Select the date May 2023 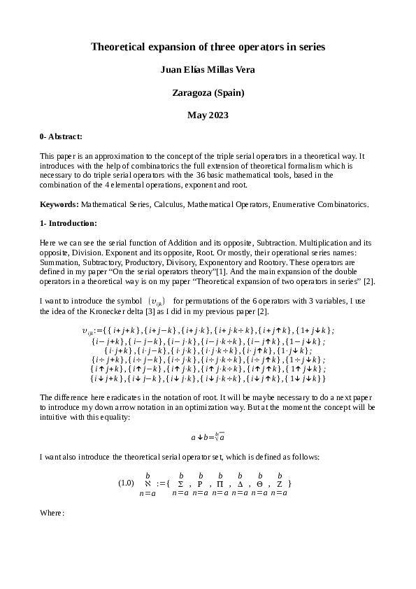coord(208,114)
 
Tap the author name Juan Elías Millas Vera coord(208,69)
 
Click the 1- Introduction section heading coord(69,223)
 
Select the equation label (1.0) coord(126,483)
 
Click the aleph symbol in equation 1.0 coord(148,483)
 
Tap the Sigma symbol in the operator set coord(181,483)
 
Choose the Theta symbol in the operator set coord(259,483)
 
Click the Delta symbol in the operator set coord(240,483)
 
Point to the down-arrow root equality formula coord(208,437)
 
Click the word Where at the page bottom coord(52,513)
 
